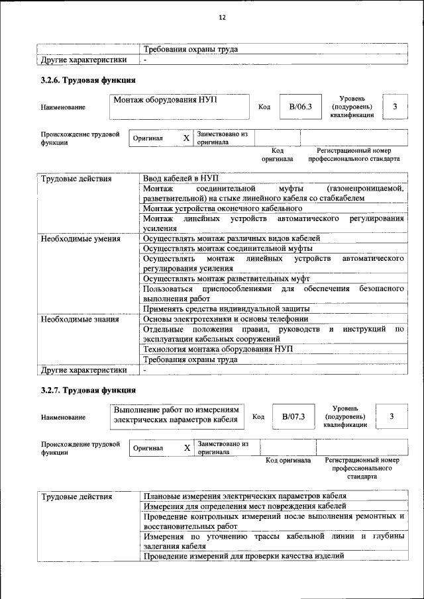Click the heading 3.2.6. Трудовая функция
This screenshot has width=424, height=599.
click(x=89, y=81)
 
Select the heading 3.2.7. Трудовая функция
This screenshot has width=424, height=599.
click(x=89, y=391)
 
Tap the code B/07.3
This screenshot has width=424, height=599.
click(x=293, y=416)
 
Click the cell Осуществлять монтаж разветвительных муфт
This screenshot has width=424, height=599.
click(x=226, y=279)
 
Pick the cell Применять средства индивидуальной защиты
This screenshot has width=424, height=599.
click(x=226, y=308)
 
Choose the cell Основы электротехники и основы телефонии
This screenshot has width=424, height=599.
click(x=225, y=318)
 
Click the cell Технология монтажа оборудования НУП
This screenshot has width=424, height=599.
click(x=217, y=349)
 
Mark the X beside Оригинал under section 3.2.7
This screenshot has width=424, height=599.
click(x=187, y=448)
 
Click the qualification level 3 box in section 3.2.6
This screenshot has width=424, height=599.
click(x=395, y=107)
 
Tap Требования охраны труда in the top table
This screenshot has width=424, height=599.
click(x=190, y=49)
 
